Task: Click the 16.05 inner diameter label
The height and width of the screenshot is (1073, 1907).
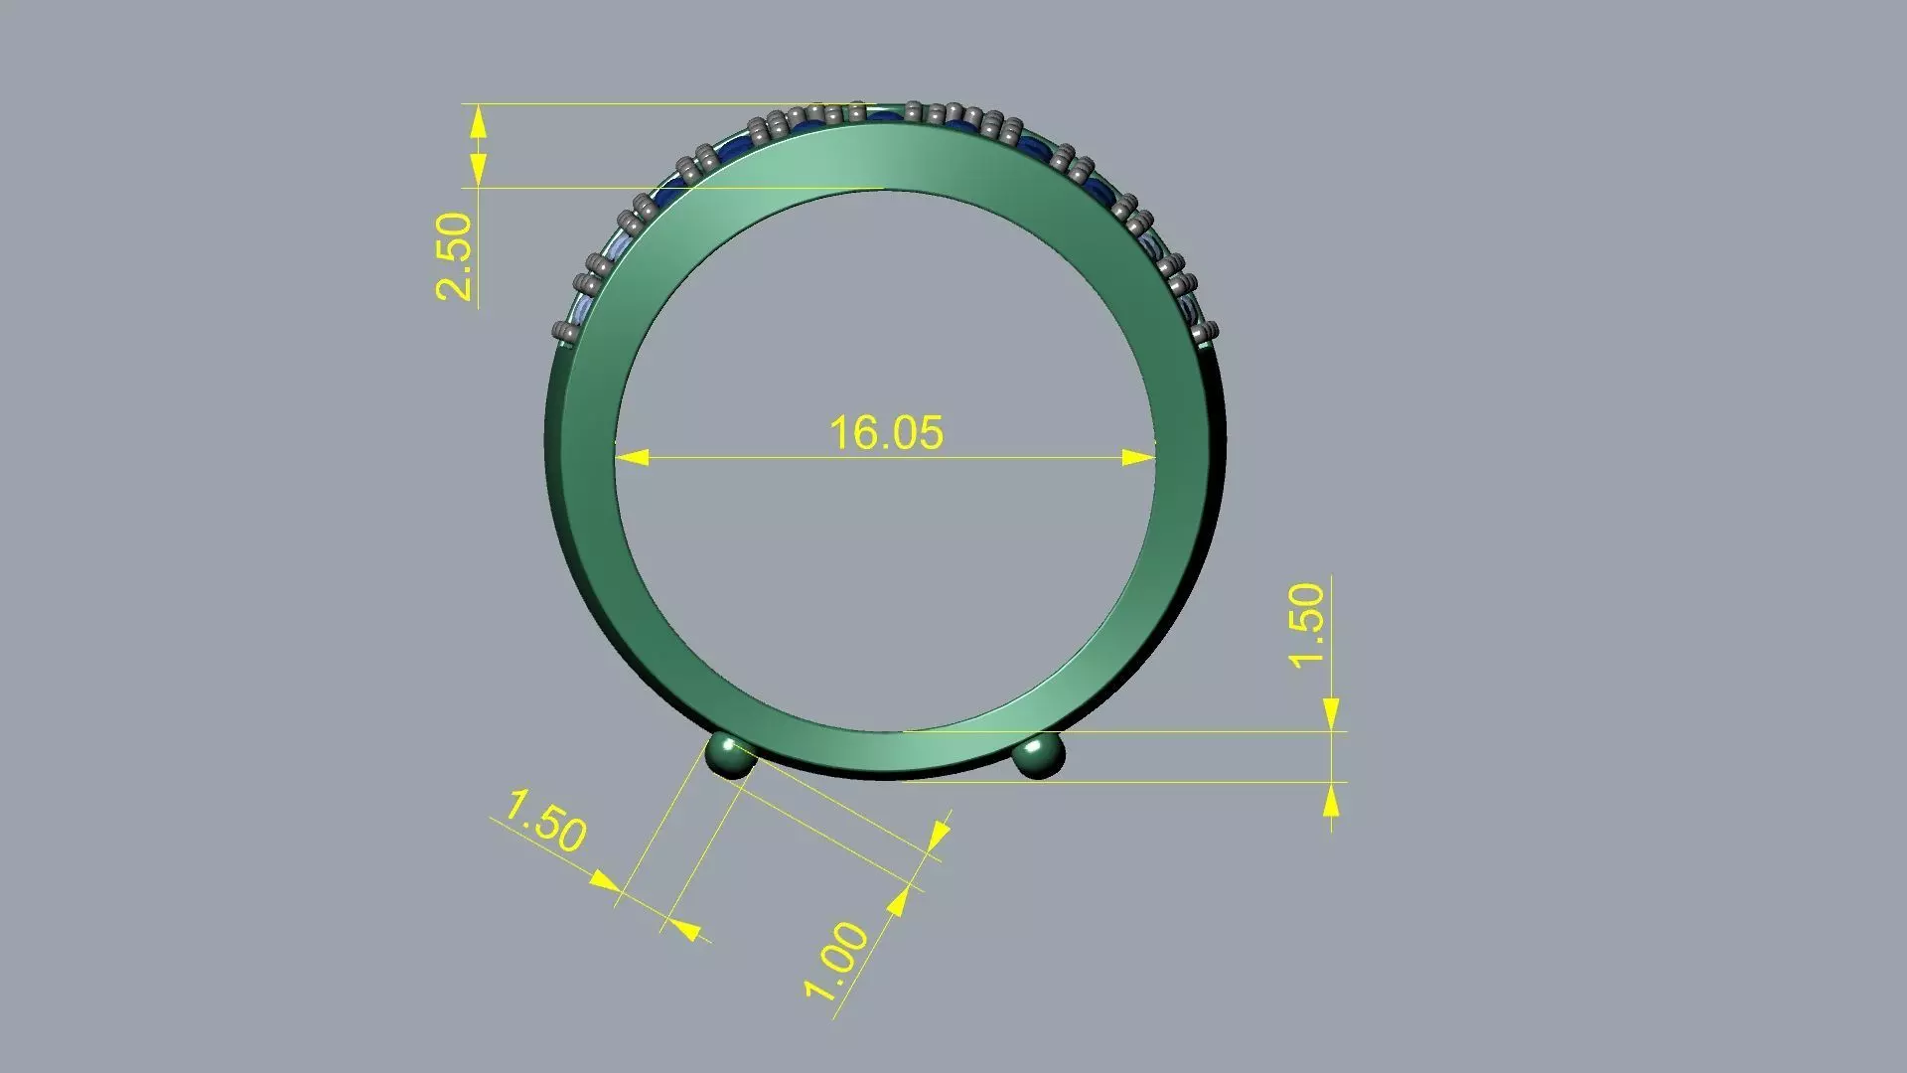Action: [886, 433]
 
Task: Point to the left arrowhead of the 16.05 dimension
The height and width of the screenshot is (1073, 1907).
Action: [632, 458]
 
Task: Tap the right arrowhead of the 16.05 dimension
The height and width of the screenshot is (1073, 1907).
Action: [1139, 458]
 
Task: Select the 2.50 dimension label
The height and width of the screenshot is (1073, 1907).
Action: [454, 256]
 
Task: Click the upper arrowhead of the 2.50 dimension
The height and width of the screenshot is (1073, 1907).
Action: [478, 123]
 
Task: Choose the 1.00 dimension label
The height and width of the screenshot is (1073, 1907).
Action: [836, 961]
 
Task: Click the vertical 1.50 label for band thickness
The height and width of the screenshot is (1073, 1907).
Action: [1307, 625]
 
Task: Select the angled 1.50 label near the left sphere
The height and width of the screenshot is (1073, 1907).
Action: [545, 821]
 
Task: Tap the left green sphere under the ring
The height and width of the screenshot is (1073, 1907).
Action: [731, 756]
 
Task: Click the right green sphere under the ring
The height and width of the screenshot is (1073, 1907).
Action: [1038, 756]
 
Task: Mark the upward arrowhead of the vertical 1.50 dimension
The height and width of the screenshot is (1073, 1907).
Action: [1331, 800]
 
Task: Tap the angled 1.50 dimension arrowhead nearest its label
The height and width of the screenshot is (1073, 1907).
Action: [605, 881]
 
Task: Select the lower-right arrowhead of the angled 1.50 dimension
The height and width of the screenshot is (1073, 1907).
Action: [684, 929]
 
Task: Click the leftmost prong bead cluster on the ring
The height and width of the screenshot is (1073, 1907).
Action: [565, 333]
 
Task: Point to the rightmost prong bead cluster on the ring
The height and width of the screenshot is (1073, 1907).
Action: [1206, 333]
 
